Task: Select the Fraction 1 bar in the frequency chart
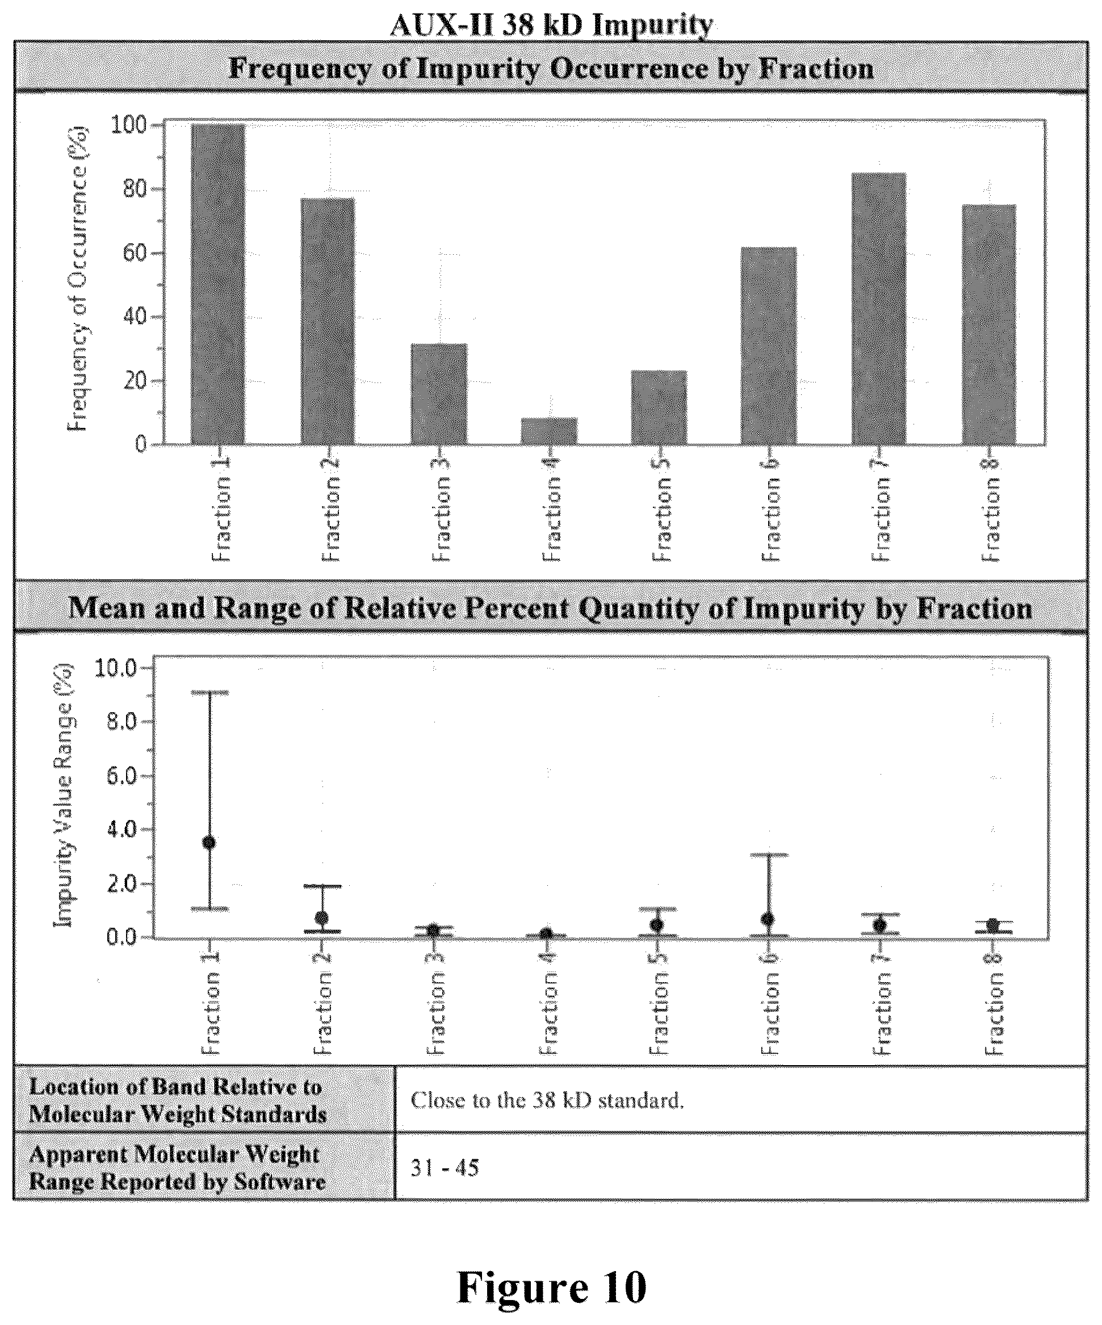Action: point(218,284)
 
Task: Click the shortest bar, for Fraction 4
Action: point(549,431)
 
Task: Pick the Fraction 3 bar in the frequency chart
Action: point(439,394)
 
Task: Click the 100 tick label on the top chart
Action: point(129,125)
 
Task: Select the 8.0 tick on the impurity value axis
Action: point(122,722)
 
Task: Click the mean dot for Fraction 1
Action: point(209,843)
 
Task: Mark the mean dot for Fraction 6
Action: point(768,919)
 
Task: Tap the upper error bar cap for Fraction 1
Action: point(209,693)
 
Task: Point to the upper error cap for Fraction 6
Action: point(768,855)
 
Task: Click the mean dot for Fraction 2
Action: point(322,918)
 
